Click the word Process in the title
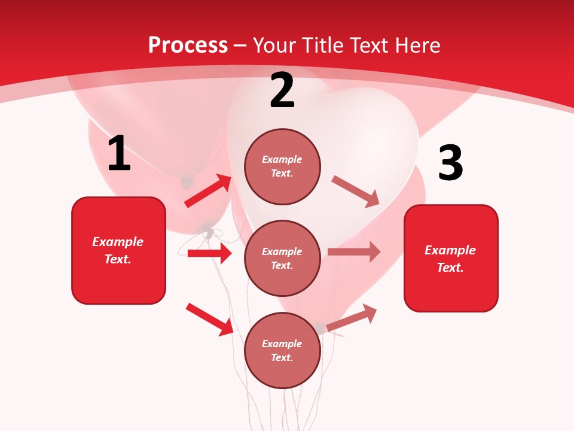pos(188,45)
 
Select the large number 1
pos(119,154)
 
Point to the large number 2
pos(282,90)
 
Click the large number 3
pos(450,163)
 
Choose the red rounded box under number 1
pos(118,250)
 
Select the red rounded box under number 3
pos(451,258)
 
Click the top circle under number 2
pos(282,166)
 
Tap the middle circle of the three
pos(282,258)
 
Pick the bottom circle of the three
pos(282,350)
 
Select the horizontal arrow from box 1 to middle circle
pos(209,253)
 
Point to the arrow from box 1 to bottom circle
pos(209,318)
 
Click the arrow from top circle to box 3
pos(355,191)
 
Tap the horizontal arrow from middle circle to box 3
pos(354,252)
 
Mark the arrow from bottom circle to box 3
pos(352,317)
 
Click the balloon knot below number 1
pos(187,180)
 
